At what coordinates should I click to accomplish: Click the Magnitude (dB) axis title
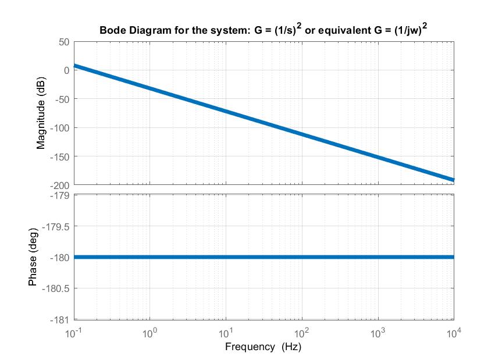(x=41, y=113)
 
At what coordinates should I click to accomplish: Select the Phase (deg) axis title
(x=33, y=257)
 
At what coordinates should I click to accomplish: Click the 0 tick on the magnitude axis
(x=66, y=70)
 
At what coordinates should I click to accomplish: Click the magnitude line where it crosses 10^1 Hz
(x=226, y=111)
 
